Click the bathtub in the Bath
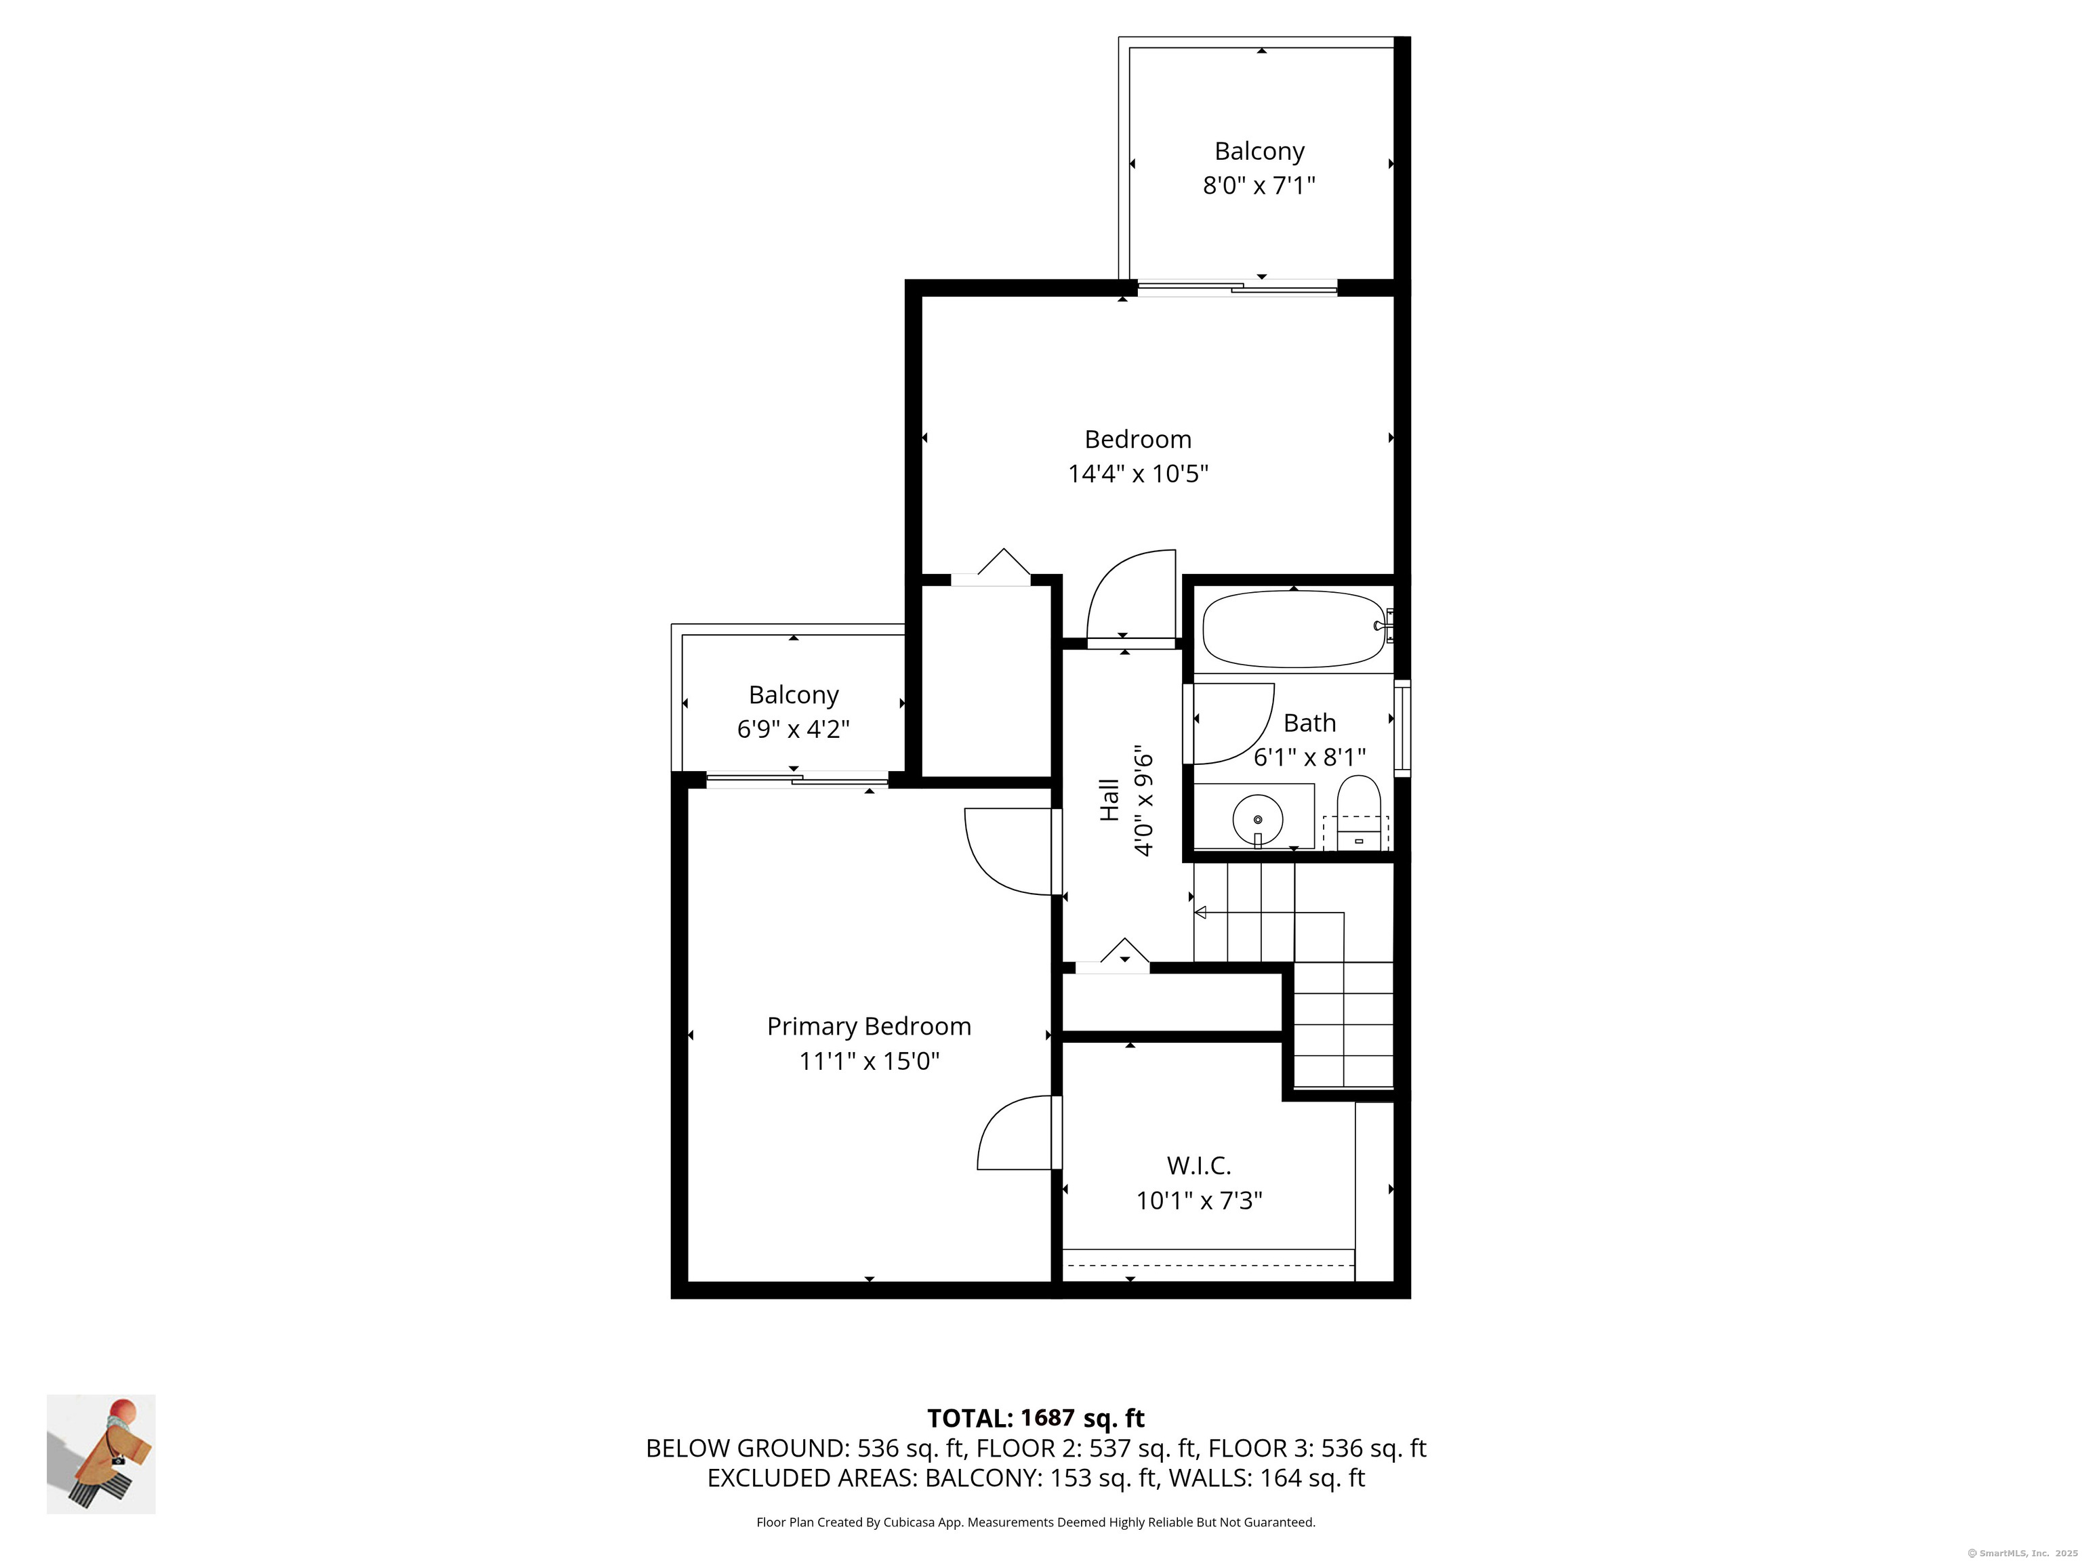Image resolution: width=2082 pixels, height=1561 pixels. tap(1294, 629)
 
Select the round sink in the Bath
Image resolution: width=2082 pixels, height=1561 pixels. tap(1257, 820)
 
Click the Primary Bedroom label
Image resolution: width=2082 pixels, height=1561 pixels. tap(869, 1026)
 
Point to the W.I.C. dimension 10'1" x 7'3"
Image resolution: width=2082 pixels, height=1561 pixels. tap(1198, 1201)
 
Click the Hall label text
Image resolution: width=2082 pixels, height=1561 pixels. tap(1111, 799)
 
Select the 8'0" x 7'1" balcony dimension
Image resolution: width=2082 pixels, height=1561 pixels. tap(1259, 186)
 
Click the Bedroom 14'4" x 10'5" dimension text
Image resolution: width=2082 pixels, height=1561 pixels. tap(1137, 474)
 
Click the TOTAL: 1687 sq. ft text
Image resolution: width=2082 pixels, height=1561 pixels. tap(1036, 1418)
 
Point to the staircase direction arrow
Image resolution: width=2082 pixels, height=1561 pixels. tap(1201, 912)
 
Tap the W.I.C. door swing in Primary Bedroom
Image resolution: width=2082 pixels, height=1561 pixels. tap(1014, 1133)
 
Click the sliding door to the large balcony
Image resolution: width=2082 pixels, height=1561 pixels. tap(1237, 289)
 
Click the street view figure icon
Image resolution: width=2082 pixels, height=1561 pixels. tap(101, 1455)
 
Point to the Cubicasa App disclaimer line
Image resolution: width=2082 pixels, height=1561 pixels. tap(1036, 1522)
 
